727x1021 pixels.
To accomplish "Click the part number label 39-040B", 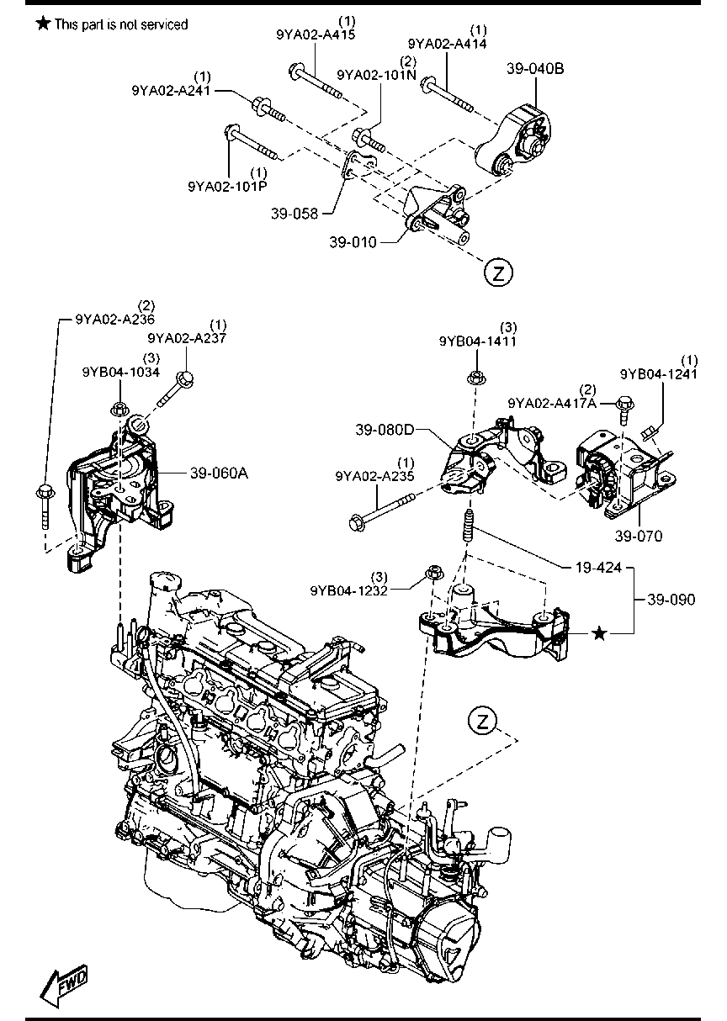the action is pyautogui.click(x=535, y=69).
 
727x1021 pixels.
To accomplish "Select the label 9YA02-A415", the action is pyautogui.click(x=316, y=34).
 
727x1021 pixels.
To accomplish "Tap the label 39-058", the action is pyautogui.click(x=295, y=214).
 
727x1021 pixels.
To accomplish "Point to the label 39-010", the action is pyautogui.click(x=353, y=242).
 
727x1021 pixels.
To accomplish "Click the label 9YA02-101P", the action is pyautogui.click(x=227, y=187).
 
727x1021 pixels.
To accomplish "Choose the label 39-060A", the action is pyautogui.click(x=219, y=473).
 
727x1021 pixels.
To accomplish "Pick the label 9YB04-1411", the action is pyautogui.click(x=478, y=341).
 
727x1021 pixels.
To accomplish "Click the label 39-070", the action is pyautogui.click(x=638, y=536).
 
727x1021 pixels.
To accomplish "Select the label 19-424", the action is pyautogui.click(x=599, y=568).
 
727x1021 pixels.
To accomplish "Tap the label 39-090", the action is pyautogui.click(x=671, y=600).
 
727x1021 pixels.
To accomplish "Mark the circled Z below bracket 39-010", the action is pyautogui.click(x=498, y=272).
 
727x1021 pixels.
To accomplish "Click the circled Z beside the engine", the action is pyautogui.click(x=482, y=721).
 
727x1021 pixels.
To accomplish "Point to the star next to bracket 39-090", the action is pyautogui.click(x=600, y=633).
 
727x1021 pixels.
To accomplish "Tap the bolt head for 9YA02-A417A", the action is pyautogui.click(x=625, y=404).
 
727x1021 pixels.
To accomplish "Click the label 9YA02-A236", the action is pyautogui.click(x=115, y=319).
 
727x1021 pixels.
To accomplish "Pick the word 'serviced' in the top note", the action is pyautogui.click(x=164, y=24).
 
